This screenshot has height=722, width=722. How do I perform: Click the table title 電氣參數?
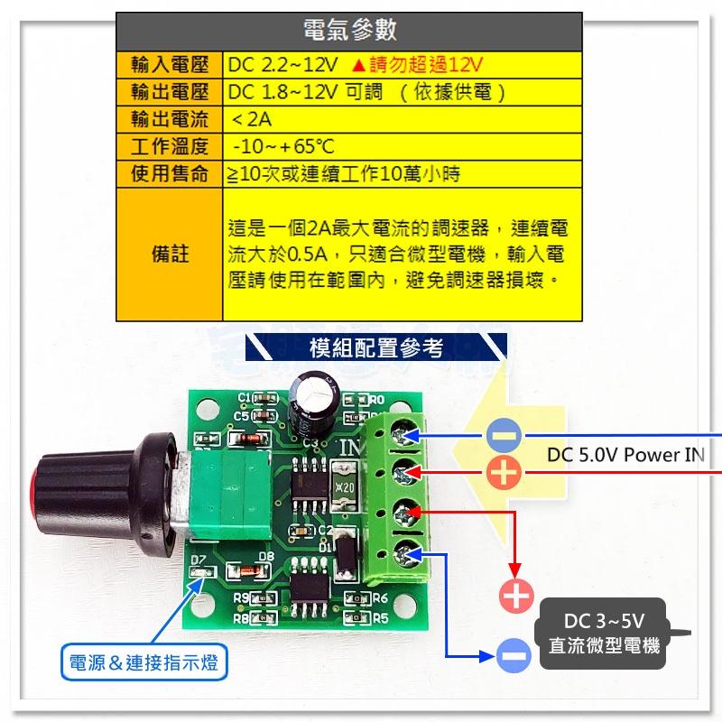[348, 31]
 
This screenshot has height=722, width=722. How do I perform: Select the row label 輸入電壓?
[170, 65]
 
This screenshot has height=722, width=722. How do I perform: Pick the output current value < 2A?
[252, 119]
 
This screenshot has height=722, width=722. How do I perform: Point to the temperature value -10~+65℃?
[283, 146]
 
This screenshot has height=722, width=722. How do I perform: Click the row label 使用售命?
[170, 173]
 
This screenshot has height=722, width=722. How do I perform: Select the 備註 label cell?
[170, 254]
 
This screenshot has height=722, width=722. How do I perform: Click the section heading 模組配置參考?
[375, 347]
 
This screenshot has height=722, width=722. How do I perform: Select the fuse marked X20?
[342, 486]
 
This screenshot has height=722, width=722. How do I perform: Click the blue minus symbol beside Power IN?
[504, 437]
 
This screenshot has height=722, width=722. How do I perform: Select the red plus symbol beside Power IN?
[504, 472]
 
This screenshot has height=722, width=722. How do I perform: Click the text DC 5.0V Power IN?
[625, 454]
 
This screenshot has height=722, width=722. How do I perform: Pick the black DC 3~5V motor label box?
[603, 634]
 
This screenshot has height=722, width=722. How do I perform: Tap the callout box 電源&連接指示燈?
[143, 665]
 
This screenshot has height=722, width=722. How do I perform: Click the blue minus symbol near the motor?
[514, 653]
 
